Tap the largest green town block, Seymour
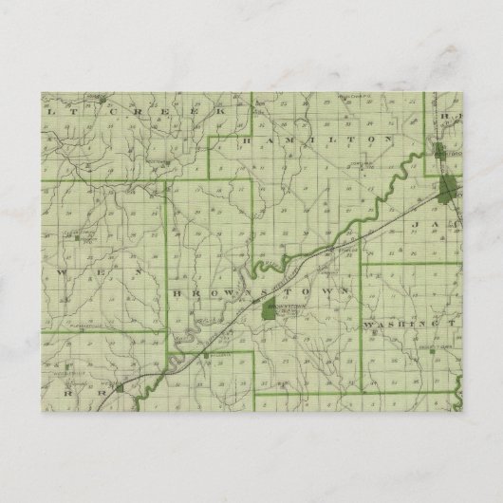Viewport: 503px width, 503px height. [x=447, y=185]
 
